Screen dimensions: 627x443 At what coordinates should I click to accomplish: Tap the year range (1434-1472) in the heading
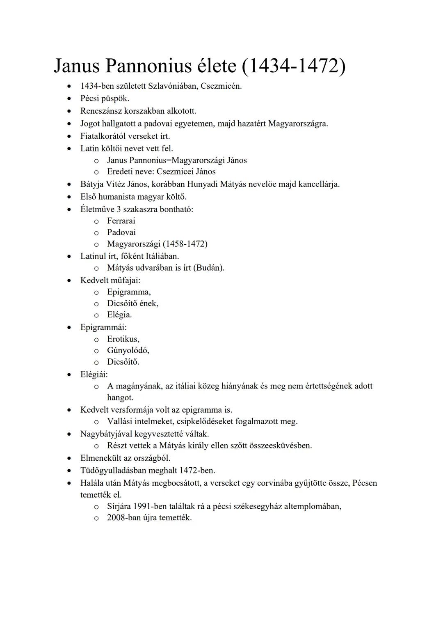coord(294,66)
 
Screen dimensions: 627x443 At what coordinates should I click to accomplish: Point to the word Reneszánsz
coord(101,111)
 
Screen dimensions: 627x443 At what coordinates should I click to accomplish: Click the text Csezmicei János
coord(186,172)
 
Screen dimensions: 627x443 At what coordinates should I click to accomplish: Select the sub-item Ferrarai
coord(121,221)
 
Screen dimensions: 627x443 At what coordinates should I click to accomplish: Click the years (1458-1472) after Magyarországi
coord(185,244)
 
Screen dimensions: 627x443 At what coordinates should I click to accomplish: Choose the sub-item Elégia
coord(119,315)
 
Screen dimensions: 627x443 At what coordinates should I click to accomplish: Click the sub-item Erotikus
coord(123,339)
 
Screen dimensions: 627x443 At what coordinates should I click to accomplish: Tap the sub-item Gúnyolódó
coord(128,351)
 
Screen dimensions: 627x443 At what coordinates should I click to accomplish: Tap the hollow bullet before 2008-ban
coord(96,518)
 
